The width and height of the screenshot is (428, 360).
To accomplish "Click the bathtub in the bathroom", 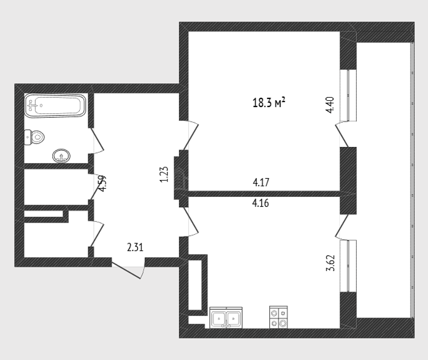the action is click(x=55, y=106).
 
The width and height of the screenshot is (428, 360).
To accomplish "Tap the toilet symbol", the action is click(x=34, y=137).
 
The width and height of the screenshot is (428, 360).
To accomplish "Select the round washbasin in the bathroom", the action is click(x=61, y=156).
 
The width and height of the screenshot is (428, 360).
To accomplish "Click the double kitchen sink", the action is click(x=226, y=318).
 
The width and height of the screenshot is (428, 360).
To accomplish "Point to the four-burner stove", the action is click(x=278, y=317).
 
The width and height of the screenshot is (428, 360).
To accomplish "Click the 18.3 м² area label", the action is click(x=269, y=103).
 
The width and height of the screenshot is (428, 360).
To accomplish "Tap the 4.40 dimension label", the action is click(x=330, y=105).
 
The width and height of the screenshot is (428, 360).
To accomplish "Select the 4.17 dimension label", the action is click(x=261, y=182).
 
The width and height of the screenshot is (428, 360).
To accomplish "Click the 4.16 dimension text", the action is click(x=261, y=203).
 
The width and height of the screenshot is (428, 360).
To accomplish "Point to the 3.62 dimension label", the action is click(x=330, y=263).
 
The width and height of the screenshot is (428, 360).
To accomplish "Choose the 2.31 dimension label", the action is click(x=135, y=247).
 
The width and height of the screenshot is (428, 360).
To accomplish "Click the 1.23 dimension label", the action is click(x=164, y=174).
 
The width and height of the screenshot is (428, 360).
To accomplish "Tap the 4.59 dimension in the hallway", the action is click(x=102, y=183).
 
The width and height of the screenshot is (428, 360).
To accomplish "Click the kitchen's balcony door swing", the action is click(x=342, y=226).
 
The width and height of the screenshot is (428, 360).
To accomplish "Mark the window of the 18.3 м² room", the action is click(x=348, y=95).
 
